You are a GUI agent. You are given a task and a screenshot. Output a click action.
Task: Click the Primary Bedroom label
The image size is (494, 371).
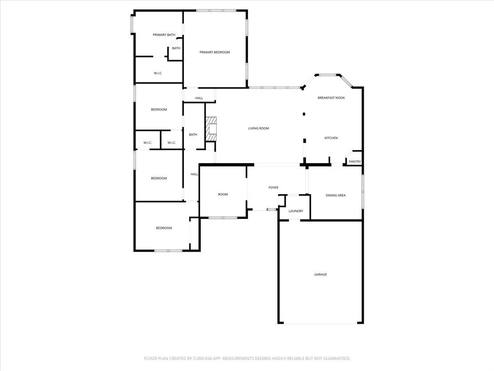tap(215, 52)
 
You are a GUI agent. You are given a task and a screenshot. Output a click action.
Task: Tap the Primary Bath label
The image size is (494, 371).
tap(164, 35)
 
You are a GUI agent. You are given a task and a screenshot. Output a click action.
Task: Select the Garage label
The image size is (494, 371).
tap(321, 274)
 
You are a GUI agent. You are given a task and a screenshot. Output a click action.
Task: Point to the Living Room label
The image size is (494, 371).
tap(259, 128)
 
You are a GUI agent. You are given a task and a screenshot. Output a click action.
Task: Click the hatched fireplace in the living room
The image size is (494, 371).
tap(211, 129)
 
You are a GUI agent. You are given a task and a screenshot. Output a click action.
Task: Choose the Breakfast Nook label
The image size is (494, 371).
tap(331, 98)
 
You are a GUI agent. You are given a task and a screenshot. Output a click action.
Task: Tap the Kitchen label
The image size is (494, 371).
tap(331, 138)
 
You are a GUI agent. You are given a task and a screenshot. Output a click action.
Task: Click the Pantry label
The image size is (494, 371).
tap(355, 162)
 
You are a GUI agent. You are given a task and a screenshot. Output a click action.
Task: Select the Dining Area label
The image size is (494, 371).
tap(336, 195)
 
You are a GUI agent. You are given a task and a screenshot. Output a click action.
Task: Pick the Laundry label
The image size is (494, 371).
tap(296, 211)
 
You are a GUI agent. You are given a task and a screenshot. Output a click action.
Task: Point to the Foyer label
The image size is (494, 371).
tap(274, 187)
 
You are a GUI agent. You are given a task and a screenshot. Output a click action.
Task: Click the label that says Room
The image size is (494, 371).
tap(222, 194)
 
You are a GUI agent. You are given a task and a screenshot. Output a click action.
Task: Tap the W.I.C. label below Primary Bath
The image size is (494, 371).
tap(158, 73)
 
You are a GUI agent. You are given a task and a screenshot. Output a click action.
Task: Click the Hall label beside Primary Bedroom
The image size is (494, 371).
tap(199, 98)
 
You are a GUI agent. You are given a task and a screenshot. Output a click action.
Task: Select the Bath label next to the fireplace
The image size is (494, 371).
tap(193, 135)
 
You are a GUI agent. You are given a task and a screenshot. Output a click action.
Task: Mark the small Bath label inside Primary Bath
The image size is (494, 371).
tap(176, 48)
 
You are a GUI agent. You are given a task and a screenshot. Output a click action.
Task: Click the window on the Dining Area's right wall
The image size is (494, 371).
tap(363, 185)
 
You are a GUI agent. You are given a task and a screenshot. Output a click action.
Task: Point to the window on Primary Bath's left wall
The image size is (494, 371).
tap(132, 25)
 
